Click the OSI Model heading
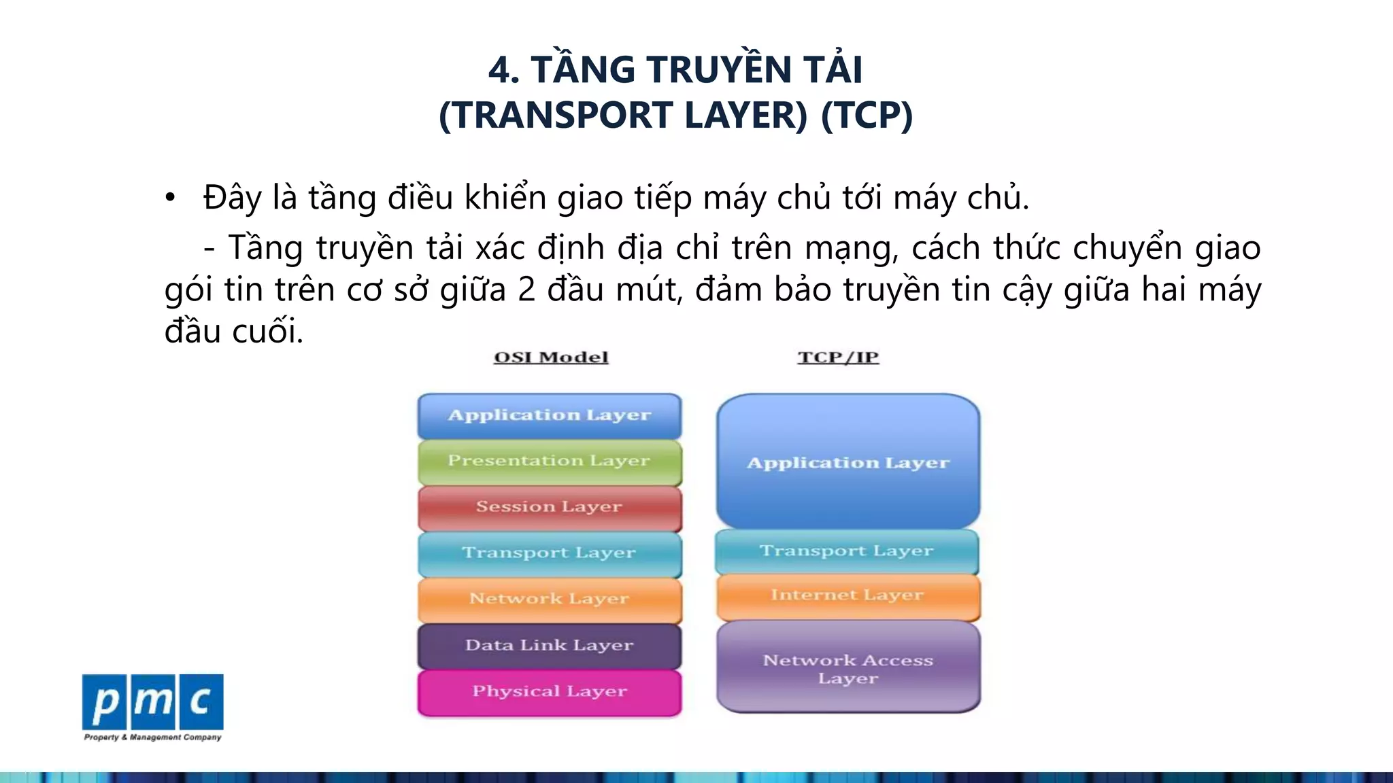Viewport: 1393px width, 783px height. [551, 358]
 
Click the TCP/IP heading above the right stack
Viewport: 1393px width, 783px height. [838, 358]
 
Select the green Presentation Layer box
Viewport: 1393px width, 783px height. [549, 462]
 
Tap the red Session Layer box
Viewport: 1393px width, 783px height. [549, 508]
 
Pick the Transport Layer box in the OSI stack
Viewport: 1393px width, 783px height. [549, 553]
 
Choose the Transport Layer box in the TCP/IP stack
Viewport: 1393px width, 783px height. [847, 551]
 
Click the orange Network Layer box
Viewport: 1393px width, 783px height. [549, 599]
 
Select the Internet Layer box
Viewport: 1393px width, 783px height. [847, 596]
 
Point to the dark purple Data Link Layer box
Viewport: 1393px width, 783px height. [549, 646]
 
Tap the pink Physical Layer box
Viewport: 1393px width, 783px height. [549, 692]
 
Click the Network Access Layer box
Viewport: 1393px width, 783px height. [848, 667]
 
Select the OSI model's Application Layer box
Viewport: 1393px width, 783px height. [549, 415]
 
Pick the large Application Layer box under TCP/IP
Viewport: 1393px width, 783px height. [848, 462]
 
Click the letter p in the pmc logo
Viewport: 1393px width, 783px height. [105, 702]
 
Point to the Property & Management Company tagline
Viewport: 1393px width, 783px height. [152, 737]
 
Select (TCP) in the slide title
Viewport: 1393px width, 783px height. [867, 115]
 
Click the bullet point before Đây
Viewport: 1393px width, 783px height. [170, 198]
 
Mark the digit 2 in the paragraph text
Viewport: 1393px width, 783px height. [526, 290]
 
